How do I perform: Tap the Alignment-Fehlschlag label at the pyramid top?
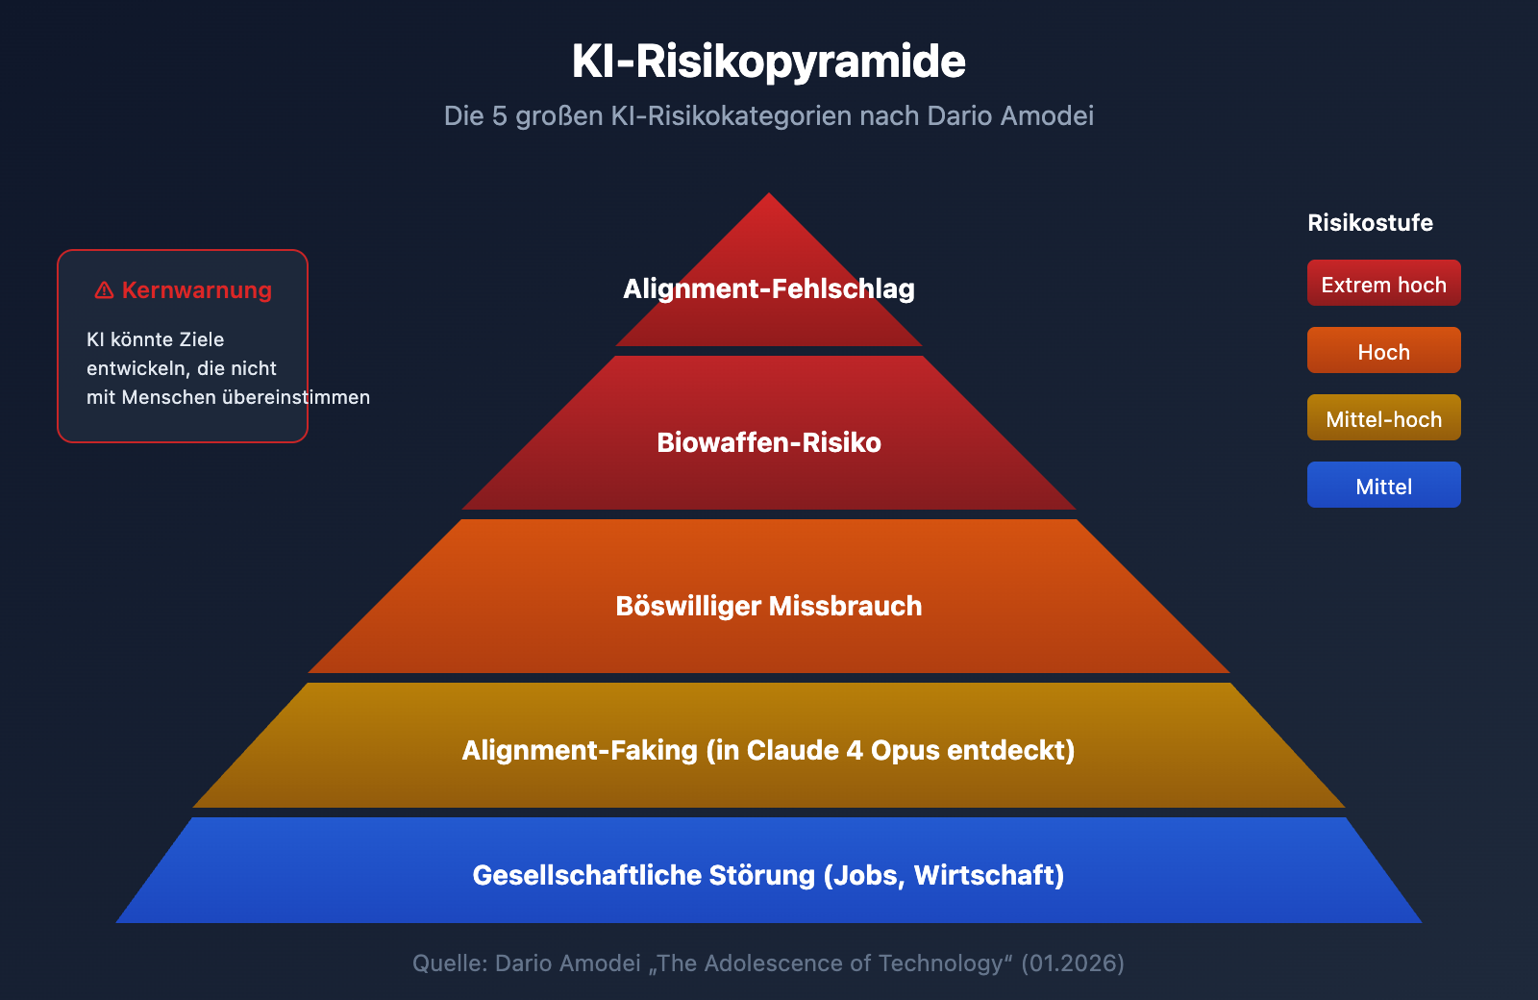click(x=769, y=289)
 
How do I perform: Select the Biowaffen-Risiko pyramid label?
click(x=769, y=443)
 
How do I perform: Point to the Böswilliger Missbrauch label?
click(x=769, y=607)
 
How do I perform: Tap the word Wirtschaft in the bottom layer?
click(x=984, y=875)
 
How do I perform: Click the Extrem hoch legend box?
click(x=1383, y=283)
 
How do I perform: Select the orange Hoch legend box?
click(x=1383, y=350)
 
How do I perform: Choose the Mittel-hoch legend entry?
click(x=1383, y=417)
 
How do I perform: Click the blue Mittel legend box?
click(x=1383, y=485)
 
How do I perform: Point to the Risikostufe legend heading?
click(x=1370, y=223)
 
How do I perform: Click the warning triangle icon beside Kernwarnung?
click(x=104, y=290)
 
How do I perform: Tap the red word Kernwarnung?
click(x=197, y=290)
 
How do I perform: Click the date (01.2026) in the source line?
click(x=1073, y=963)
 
